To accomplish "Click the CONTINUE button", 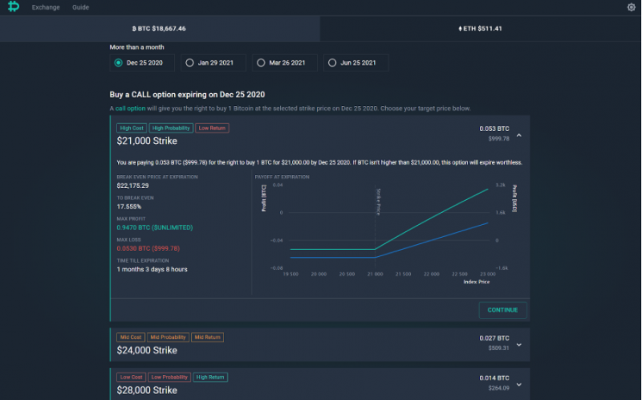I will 502,310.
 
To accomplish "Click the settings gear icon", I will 631,7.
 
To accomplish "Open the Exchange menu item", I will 45,7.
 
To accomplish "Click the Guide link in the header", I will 80,7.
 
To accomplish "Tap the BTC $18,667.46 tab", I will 160,28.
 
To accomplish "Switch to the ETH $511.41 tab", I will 480,28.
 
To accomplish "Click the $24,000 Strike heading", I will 147,350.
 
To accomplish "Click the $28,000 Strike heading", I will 147,390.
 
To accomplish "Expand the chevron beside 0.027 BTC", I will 519,345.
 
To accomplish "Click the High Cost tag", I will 131,128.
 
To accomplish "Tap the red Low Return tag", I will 212,128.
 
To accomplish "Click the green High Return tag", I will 211,377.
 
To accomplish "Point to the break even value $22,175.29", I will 132,186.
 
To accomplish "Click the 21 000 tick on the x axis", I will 376,274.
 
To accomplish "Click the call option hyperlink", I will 130,108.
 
